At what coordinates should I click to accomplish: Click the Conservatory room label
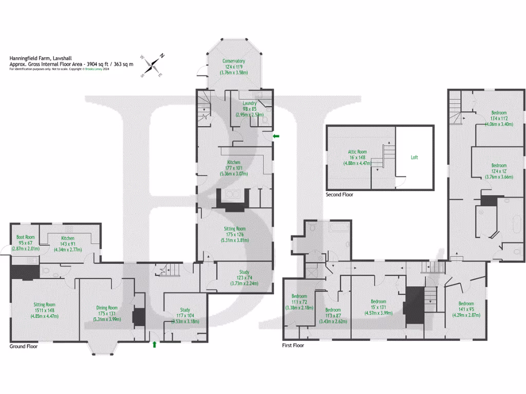click(234, 61)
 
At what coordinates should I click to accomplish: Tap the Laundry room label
click(250, 103)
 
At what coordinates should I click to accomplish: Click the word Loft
click(415, 158)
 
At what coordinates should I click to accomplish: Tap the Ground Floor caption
click(24, 346)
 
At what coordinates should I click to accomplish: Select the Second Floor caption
click(340, 195)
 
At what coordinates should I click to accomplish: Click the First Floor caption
click(293, 346)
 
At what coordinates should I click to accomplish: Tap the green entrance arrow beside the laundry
click(276, 136)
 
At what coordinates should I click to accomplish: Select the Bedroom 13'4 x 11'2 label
click(499, 113)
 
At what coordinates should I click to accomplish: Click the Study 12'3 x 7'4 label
click(244, 272)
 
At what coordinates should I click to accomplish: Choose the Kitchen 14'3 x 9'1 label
click(68, 239)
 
